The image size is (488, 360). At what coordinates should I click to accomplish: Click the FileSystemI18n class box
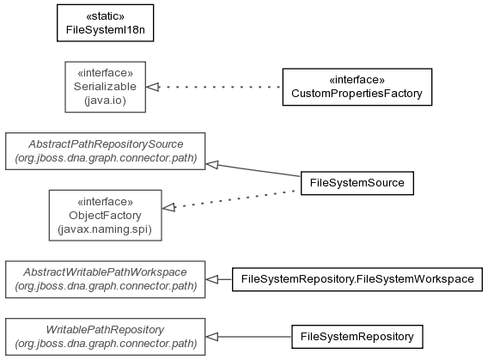tap(105, 22)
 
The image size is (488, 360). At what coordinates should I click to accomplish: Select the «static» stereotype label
tap(105, 15)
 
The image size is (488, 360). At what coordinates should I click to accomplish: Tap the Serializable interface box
tap(105, 87)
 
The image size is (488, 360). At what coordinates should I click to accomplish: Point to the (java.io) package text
tap(105, 101)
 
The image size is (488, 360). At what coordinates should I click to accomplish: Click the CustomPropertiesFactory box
tap(357, 87)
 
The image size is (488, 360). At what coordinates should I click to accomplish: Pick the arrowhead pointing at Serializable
tap(153, 87)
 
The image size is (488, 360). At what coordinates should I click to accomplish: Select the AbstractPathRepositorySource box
tap(105, 151)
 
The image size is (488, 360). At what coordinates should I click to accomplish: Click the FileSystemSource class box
tap(357, 183)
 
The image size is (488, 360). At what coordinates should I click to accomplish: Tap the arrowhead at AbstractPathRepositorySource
tap(212, 165)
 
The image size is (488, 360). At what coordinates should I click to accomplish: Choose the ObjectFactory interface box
tap(105, 216)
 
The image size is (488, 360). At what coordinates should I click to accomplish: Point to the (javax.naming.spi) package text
tap(105, 229)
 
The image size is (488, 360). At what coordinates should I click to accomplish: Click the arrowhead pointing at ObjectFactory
tap(168, 207)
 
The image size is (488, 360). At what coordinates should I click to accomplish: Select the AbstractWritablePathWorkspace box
tap(105, 279)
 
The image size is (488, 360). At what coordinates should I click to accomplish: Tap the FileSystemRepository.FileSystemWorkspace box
tap(357, 279)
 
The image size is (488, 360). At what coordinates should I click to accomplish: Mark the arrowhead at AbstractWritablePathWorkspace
tap(212, 279)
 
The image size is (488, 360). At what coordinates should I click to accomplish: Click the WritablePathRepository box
tap(105, 337)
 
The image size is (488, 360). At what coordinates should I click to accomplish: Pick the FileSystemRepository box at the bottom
tap(357, 337)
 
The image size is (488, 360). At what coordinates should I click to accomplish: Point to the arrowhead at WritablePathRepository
tap(212, 337)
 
